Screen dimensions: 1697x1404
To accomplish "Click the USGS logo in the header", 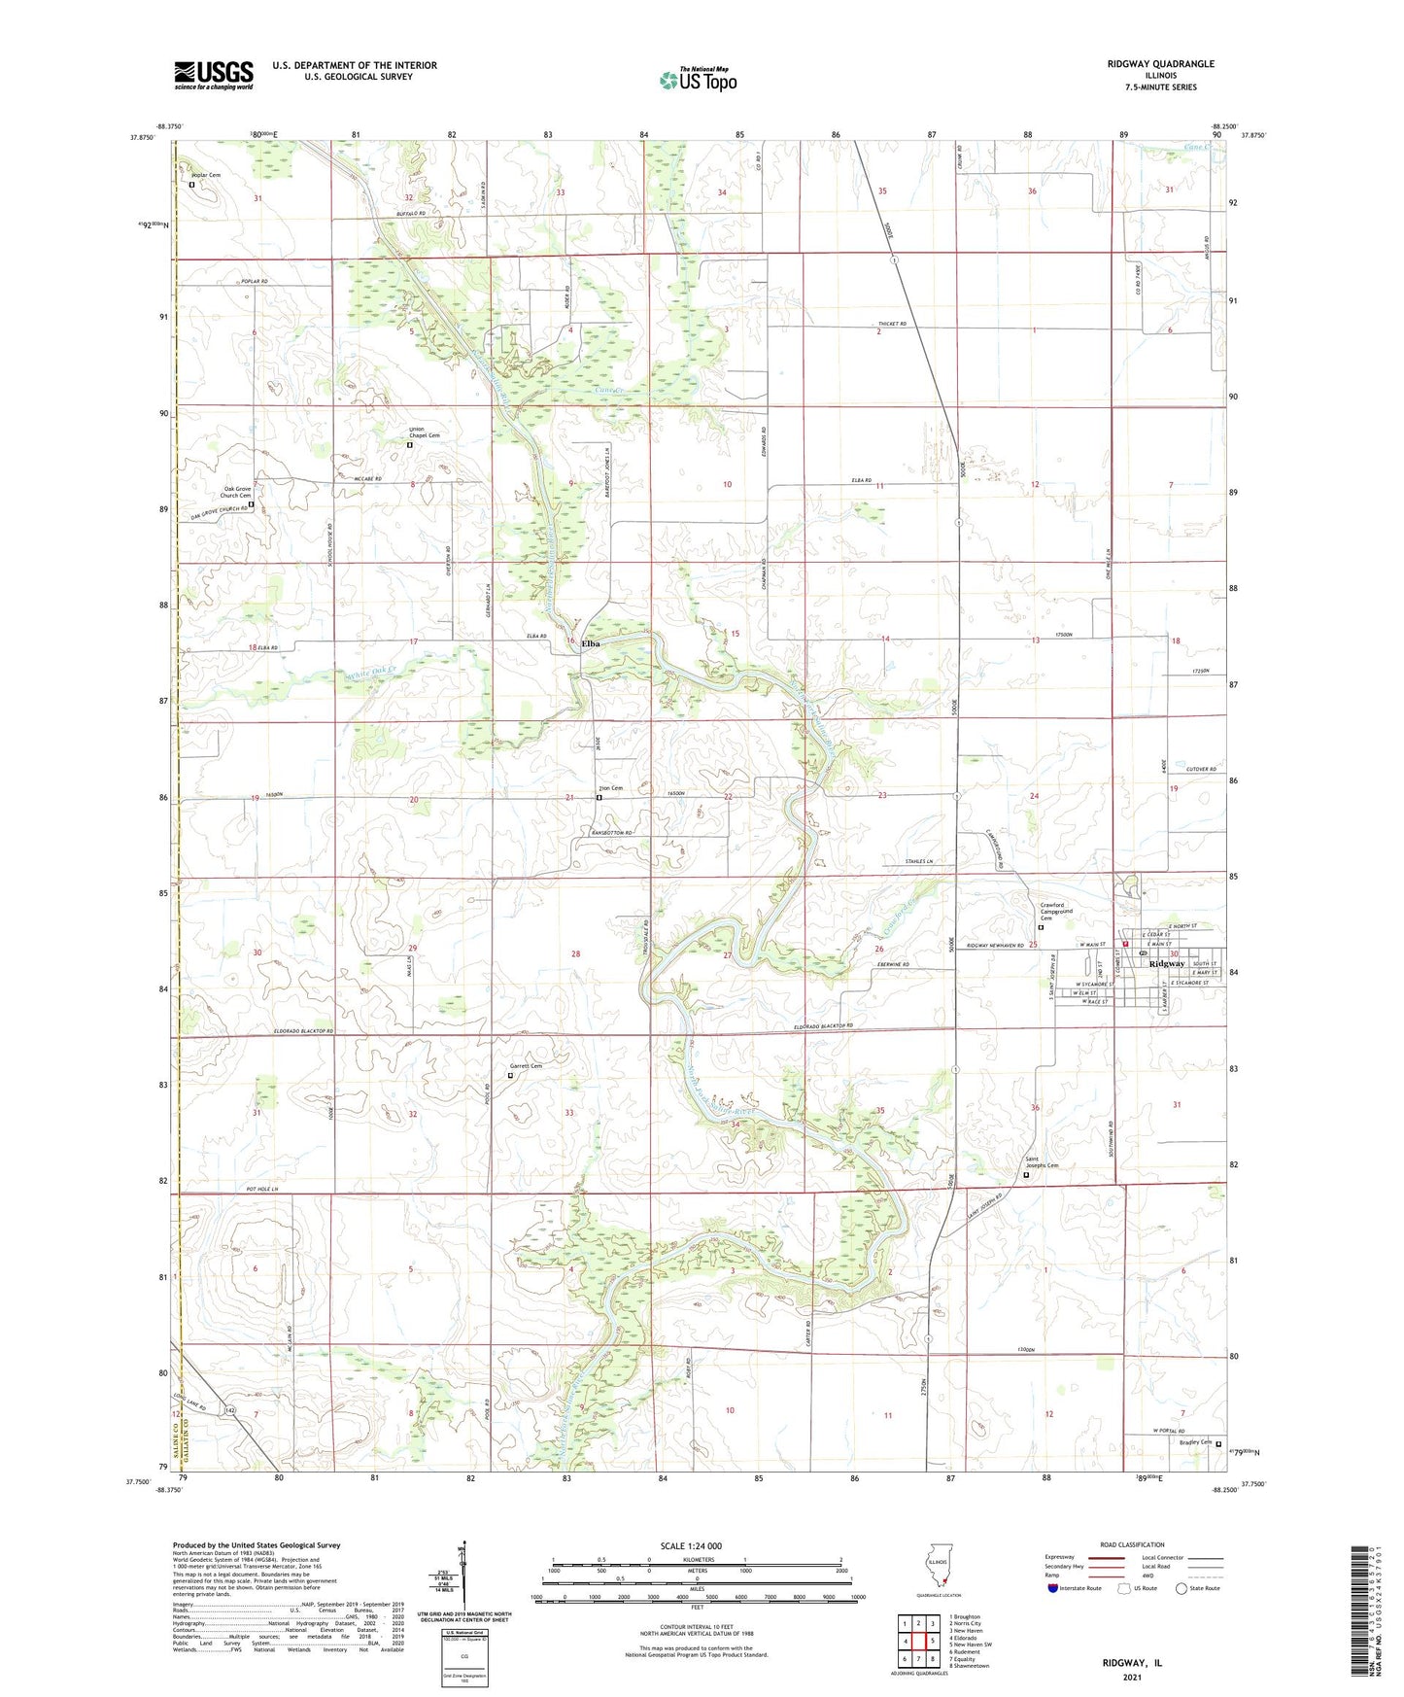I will pos(214,75).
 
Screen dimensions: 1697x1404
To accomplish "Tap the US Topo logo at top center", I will pos(698,80).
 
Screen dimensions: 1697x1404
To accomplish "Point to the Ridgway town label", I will pos(1166,965).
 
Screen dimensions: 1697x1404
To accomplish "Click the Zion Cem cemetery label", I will pos(609,788).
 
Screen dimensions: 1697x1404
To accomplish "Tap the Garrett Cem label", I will pos(526,1066).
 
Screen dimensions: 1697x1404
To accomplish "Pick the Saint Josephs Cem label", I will pos(1043,1165).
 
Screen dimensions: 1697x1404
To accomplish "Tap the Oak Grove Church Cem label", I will pos(238,492).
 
